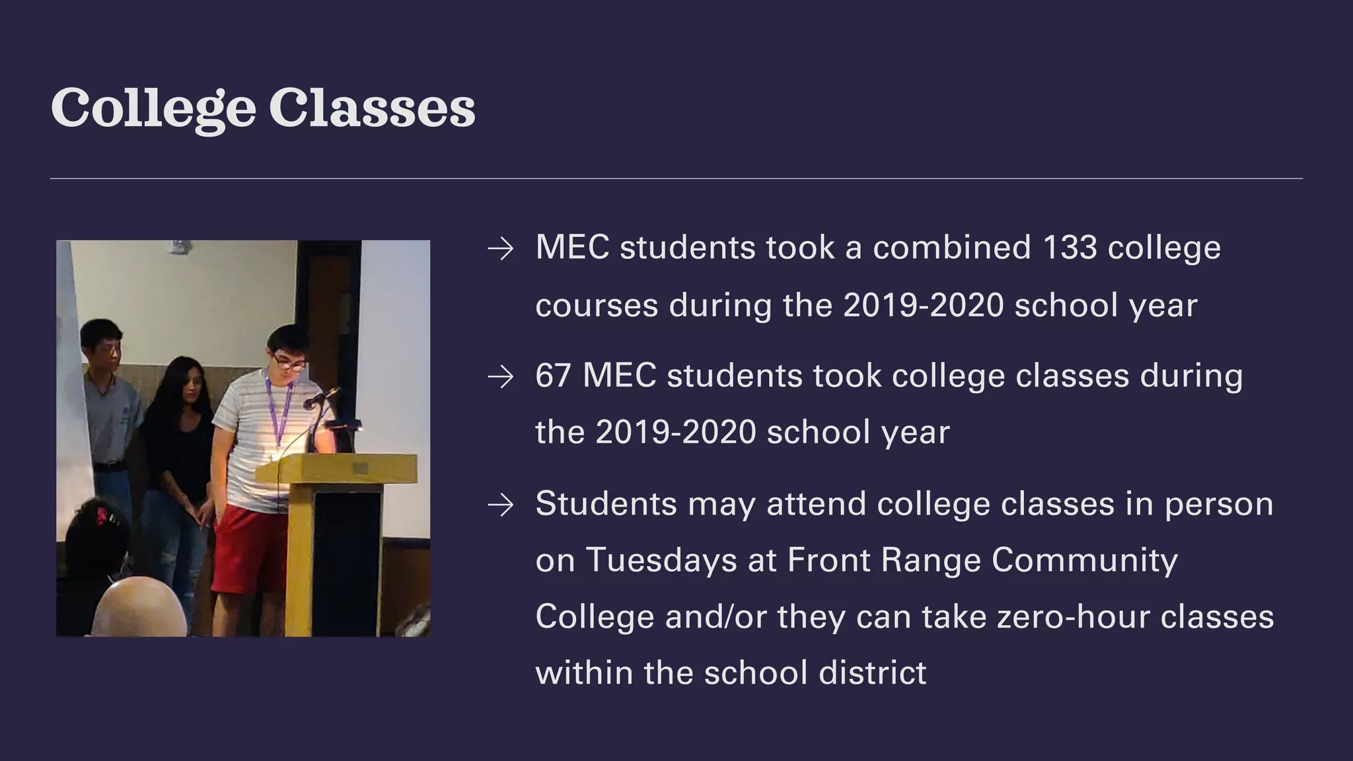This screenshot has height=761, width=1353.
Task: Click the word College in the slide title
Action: tap(153, 108)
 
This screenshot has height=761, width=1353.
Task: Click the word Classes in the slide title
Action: tap(372, 108)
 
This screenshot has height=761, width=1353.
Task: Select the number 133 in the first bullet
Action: tap(1070, 248)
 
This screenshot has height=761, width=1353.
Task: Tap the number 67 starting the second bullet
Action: tap(553, 376)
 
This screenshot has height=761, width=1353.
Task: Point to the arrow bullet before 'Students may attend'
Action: tap(500, 505)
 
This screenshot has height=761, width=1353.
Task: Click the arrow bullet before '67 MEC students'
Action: tap(500, 377)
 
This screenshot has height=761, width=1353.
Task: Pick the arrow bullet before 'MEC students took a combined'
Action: tap(500, 249)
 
